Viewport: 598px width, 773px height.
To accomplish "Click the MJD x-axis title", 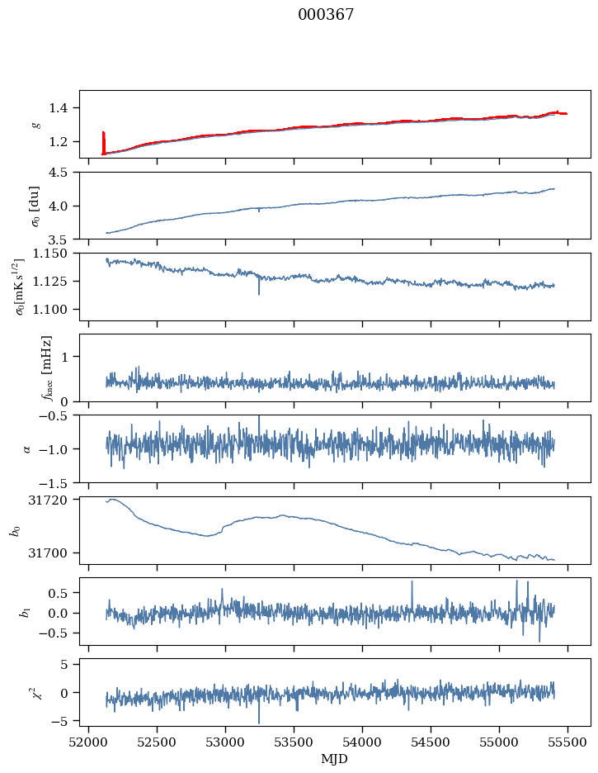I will click(x=334, y=759).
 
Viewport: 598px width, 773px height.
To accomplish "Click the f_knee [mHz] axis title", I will click(x=47, y=368).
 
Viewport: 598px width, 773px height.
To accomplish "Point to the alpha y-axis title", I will click(x=27, y=448).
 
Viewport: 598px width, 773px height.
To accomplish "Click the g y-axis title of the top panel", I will click(x=35, y=124).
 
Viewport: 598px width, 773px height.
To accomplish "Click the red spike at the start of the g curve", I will click(x=103, y=140).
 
